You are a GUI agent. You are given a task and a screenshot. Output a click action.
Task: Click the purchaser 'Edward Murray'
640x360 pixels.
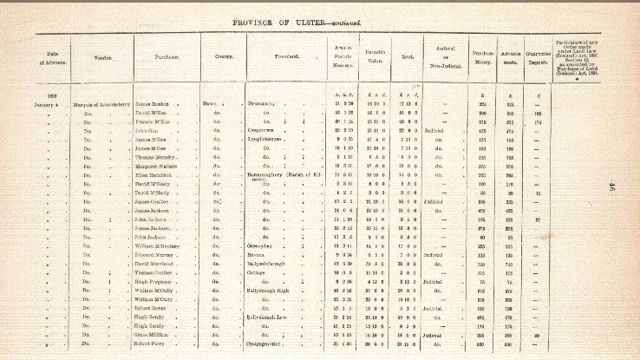click(x=156, y=254)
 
